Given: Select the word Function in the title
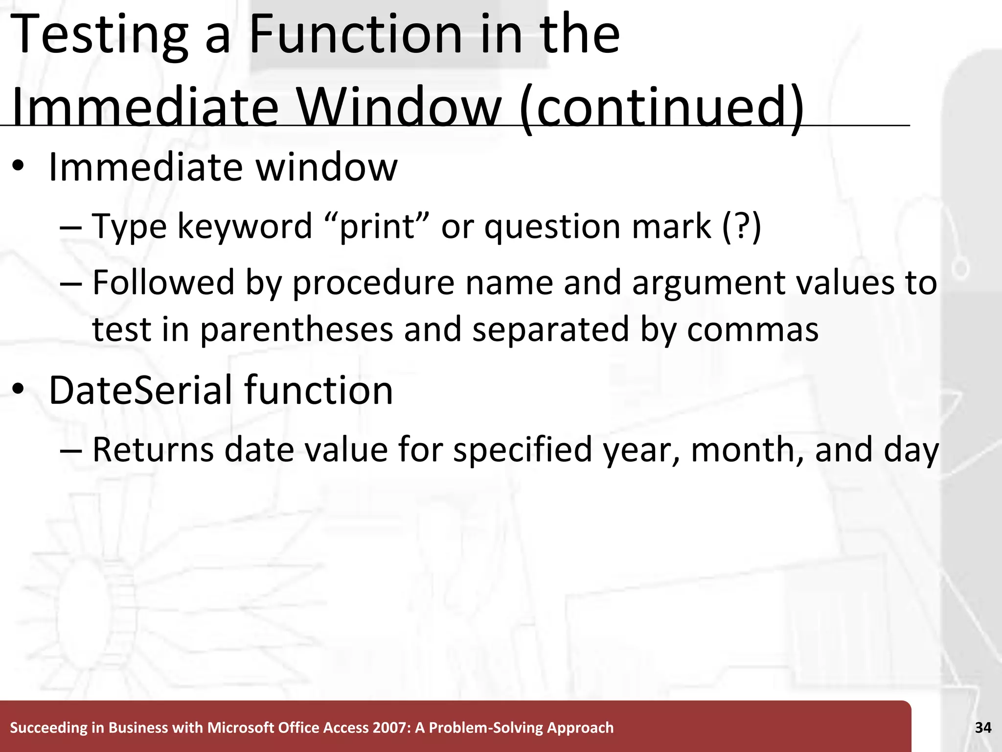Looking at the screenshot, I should click(x=355, y=34).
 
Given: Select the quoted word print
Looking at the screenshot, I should click(x=377, y=227).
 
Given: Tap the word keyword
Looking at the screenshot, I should click(x=245, y=227).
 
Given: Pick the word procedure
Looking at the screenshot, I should click(x=373, y=283).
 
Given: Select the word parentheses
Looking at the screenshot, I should click(x=296, y=329).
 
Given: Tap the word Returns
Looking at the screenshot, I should click(x=153, y=449).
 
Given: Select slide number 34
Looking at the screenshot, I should click(x=983, y=728).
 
